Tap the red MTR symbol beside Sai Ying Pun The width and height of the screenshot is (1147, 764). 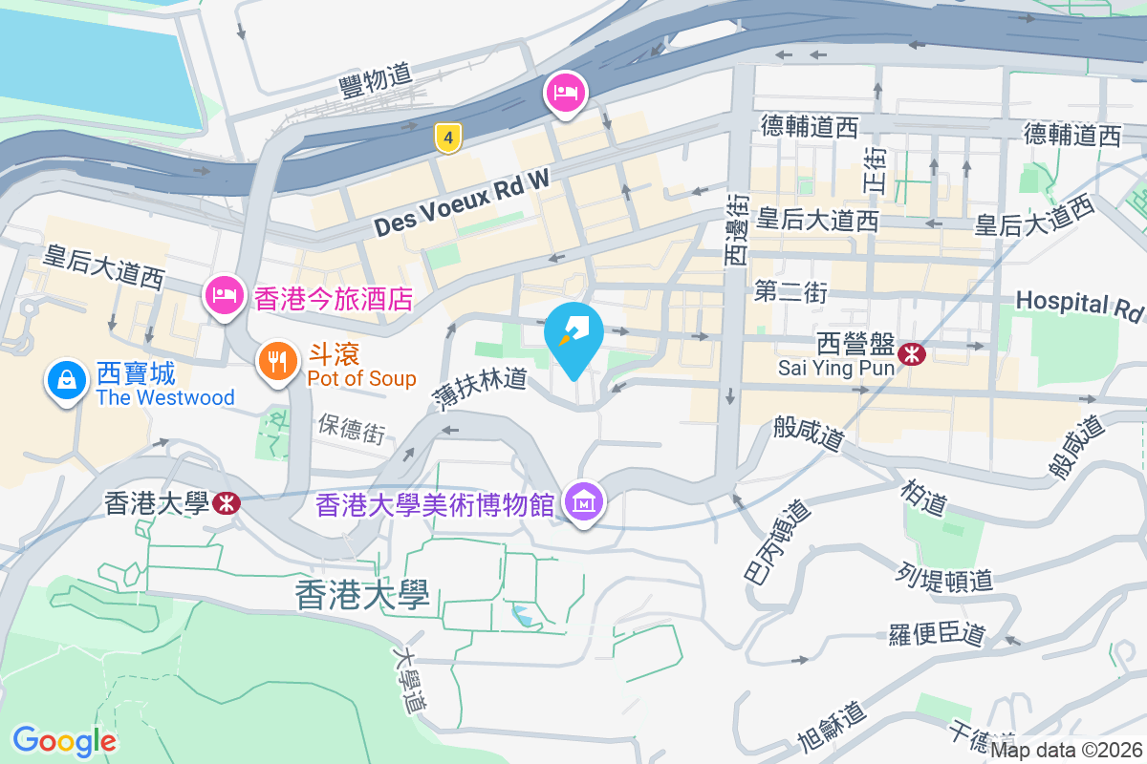coord(913,352)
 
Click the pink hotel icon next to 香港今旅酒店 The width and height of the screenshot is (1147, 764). coord(223,295)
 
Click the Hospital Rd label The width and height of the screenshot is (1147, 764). coord(1078,304)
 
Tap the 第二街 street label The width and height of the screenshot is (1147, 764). coord(790,291)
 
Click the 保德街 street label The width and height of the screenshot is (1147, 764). coord(353,429)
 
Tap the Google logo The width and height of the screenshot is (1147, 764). coord(64,740)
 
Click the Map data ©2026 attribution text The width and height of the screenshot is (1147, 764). coord(1066,750)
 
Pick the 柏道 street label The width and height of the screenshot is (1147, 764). coord(923,493)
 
